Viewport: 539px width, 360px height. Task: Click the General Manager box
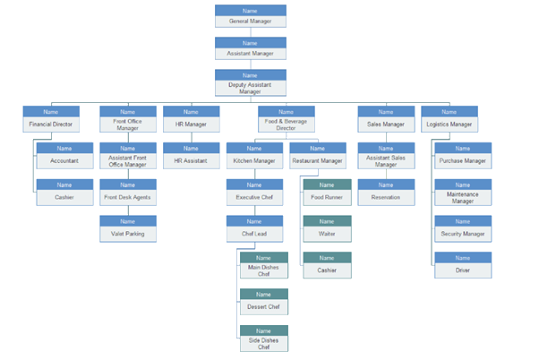click(251, 15)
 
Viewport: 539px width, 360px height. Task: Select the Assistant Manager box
click(251, 47)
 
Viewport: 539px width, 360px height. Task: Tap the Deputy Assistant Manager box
click(251, 82)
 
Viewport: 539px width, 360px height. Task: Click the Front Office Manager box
click(127, 119)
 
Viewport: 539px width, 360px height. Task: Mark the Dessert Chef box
click(263, 301)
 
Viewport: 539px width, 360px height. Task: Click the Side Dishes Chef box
click(263, 338)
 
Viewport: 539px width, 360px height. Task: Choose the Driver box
click(462, 264)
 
